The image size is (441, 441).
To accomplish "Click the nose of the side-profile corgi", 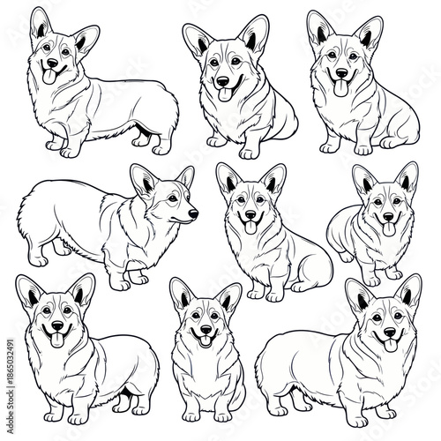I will point(193,213).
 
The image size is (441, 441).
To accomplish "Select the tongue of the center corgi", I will point(249,227).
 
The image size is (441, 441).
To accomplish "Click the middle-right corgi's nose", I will point(385,216).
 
